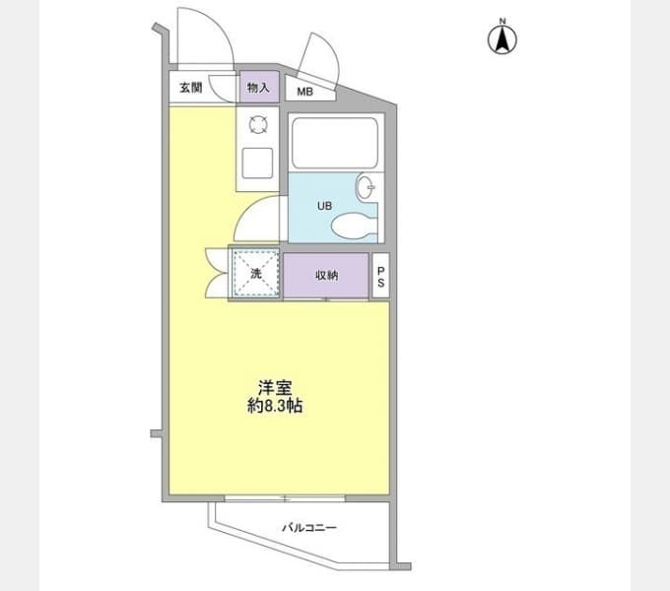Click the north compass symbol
point(502,39)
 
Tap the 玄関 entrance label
point(190,88)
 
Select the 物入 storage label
point(258,88)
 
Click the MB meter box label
point(305,92)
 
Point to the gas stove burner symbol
point(258,125)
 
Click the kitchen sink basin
point(257,163)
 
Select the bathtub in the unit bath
point(335,143)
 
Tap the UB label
point(325,206)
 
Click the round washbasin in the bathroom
point(365,187)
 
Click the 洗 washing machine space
point(256,273)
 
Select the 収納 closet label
point(327,276)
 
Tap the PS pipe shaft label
point(380,276)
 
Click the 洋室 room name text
point(275,388)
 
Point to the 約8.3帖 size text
point(275,405)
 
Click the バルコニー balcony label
point(309,528)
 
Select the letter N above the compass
point(502,21)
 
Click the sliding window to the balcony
point(285,497)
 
